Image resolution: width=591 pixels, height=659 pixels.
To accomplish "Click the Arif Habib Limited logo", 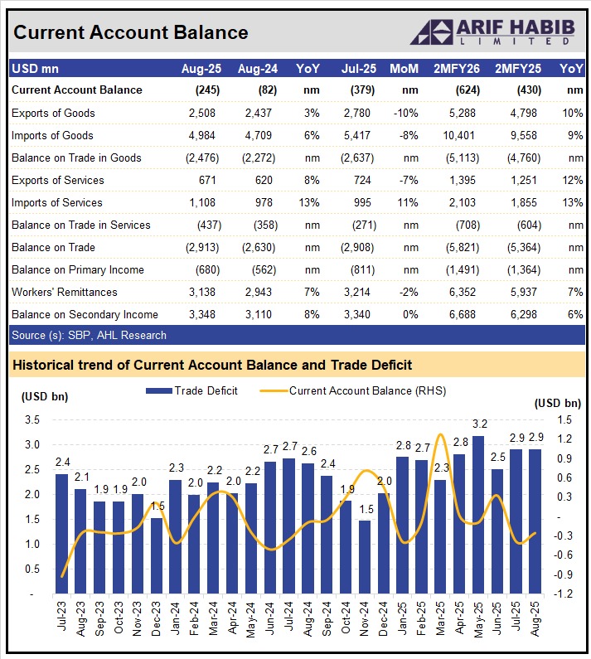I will tap(497, 31).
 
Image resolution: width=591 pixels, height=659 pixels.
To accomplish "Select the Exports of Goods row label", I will tap(53, 113).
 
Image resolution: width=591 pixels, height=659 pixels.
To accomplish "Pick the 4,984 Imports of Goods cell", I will tap(203, 135).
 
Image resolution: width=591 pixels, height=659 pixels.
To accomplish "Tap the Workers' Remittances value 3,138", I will tap(203, 292).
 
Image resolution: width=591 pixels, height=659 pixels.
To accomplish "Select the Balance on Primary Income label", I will tap(78, 269).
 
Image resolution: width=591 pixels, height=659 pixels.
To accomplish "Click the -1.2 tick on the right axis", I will tap(567, 594).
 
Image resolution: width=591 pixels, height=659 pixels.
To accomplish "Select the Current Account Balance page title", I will tap(131, 32).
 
